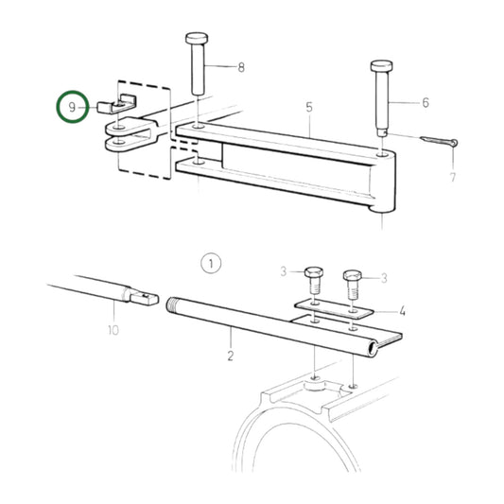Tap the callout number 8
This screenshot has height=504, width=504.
click(x=240, y=67)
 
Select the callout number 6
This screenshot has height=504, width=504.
click(x=425, y=102)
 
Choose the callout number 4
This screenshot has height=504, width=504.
click(x=402, y=309)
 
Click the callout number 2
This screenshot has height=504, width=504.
click(x=230, y=358)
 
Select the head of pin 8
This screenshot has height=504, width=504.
click(x=198, y=39)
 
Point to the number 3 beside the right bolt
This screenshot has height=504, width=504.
click(x=383, y=277)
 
